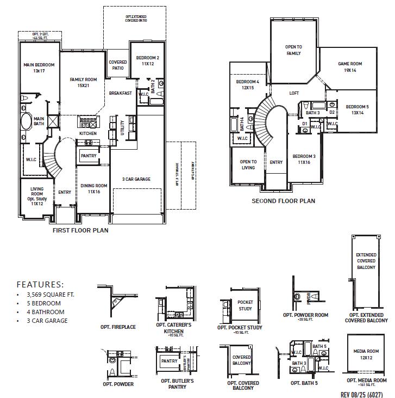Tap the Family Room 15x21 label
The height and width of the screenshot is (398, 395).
click(x=83, y=83)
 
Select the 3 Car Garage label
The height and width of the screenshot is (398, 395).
click(x=136, y=179)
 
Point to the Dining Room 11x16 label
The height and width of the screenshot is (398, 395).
click(x=93, y=188)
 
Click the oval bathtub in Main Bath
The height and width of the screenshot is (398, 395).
click(x=26, y=120)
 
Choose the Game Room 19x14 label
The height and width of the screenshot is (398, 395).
click(x=349, y=67)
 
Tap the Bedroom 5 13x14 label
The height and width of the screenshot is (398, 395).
click(x=357, y=109)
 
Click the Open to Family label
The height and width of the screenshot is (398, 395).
click(x=293, y=50)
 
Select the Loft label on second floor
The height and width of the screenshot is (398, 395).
click(x=294, y=93)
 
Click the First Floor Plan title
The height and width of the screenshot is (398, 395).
click(x=80, y=230)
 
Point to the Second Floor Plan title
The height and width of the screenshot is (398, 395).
click(x=283, y=201)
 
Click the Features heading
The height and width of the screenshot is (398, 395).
click(x=40, y=284)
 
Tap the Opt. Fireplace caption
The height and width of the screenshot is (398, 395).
click(x=118, y=327)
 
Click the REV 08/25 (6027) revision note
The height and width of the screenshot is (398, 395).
click(x=363, y=393)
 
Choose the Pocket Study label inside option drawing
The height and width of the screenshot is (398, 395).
click(x=245, y=305)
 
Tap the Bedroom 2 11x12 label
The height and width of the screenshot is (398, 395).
click(x=147, y=60)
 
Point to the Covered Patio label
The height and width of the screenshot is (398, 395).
click(x=118, y=65)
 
